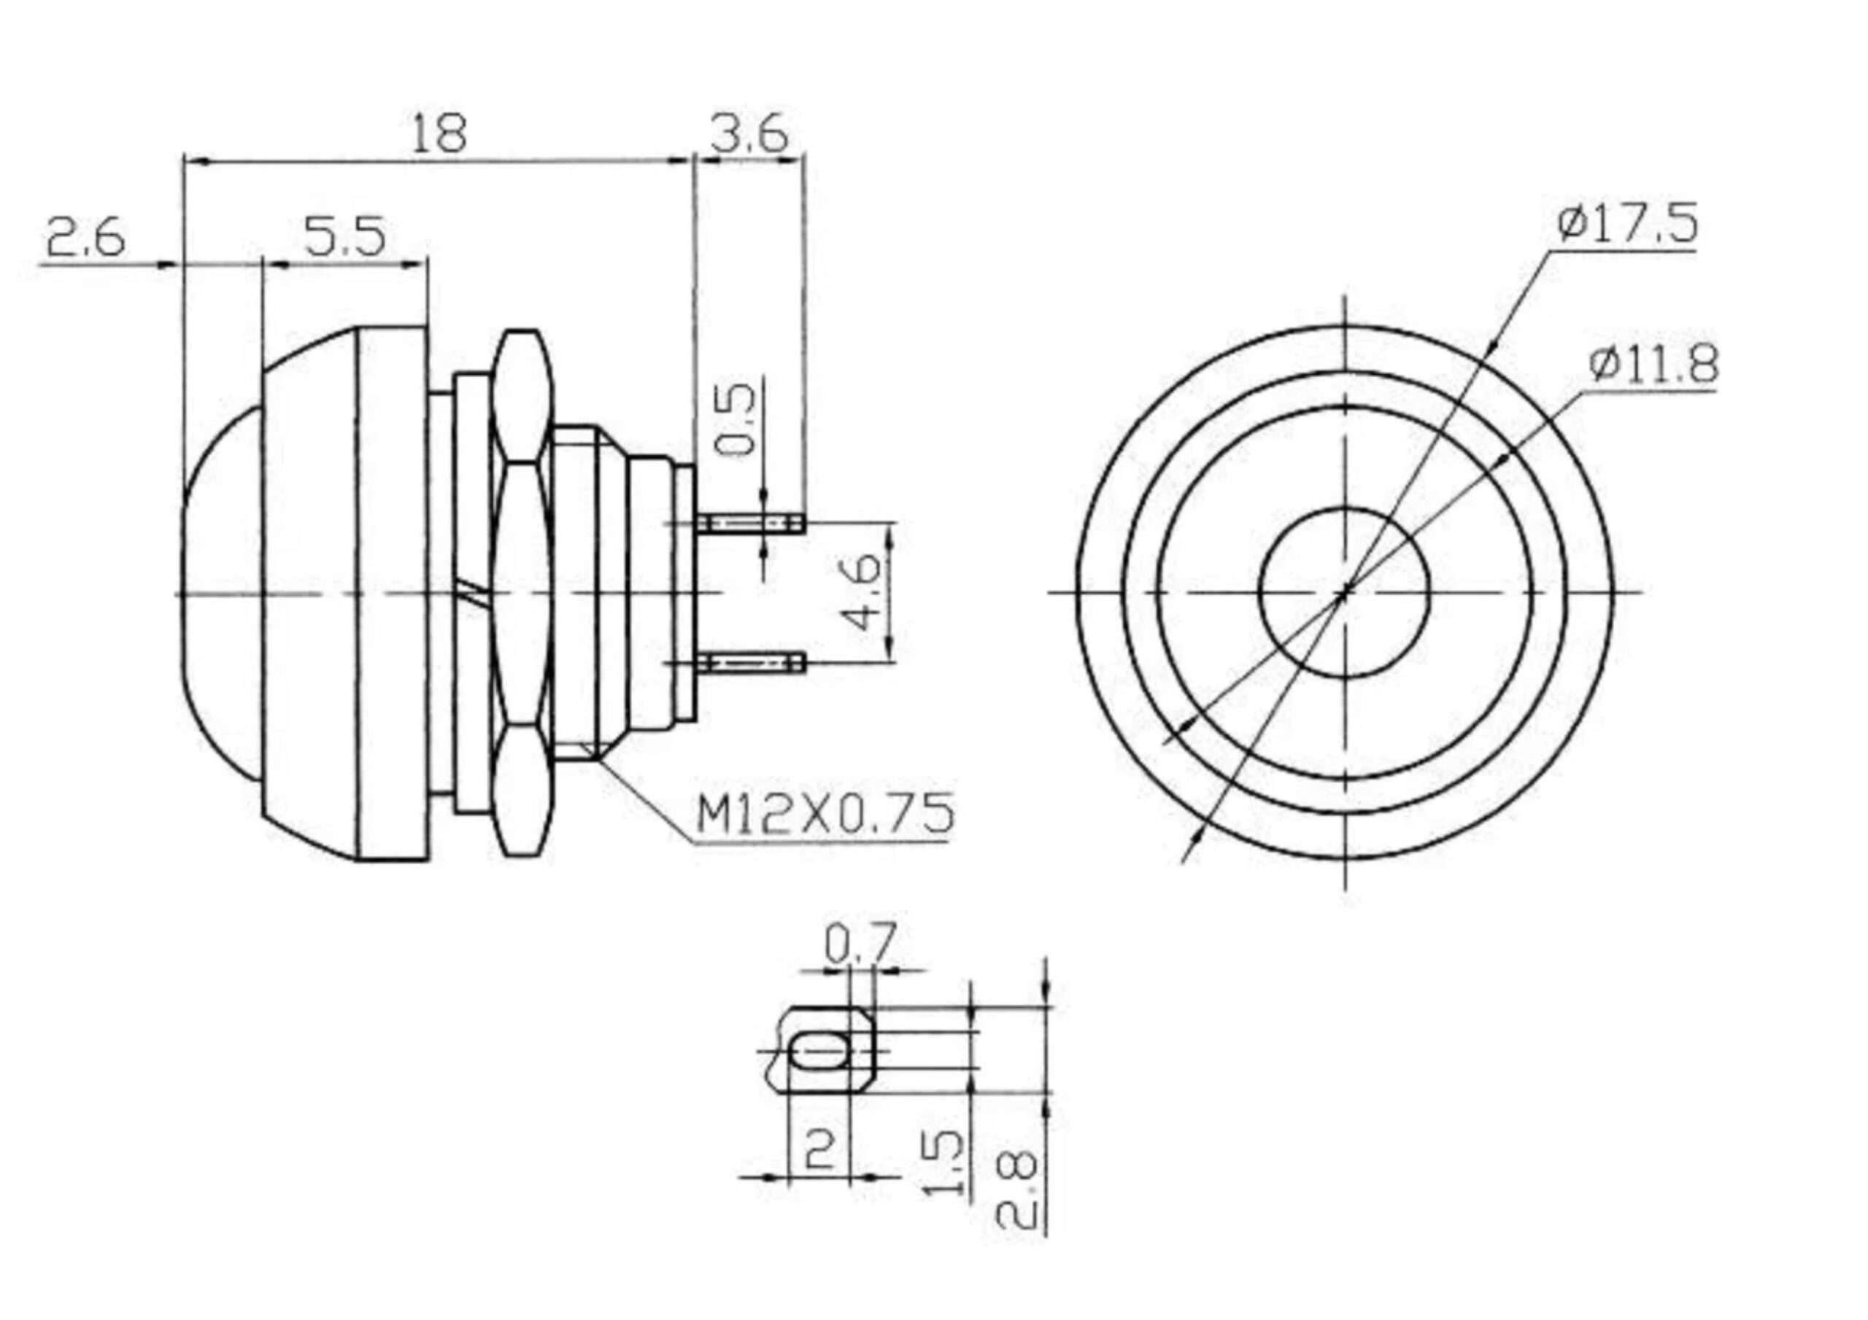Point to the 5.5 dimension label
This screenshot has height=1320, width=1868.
[x=344, y=237]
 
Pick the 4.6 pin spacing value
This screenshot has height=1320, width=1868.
[x=861, y=591]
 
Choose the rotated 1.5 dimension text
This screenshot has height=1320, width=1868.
[x=944, y=1165]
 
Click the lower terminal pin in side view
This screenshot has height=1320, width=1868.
[x=751, y=663]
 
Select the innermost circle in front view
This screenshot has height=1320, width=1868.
[x=1259, y=591]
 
